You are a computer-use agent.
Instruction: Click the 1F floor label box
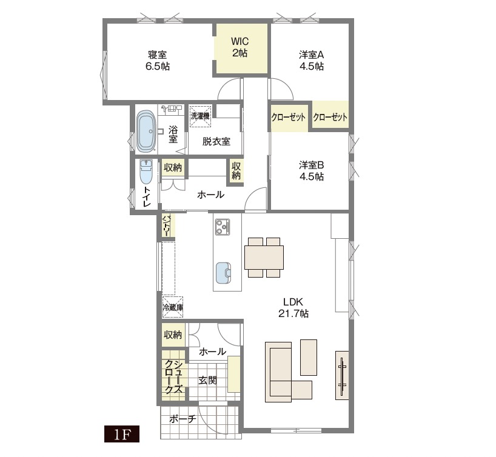(122, 435)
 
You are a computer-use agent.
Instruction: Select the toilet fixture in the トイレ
(146, 172)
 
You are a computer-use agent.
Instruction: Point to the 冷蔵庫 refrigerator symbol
(173, 307)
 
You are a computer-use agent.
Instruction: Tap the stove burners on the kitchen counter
(223, 227)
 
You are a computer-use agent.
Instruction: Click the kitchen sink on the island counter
(223, 273)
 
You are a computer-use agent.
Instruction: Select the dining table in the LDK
(264, 257)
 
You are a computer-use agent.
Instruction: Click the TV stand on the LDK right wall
(341, 375)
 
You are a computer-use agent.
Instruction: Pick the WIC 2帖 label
(240, 47)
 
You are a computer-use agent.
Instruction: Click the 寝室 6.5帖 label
(157, 61)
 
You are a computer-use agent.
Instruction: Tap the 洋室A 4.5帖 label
(312, 61)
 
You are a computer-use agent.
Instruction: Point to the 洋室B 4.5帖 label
(312, 171)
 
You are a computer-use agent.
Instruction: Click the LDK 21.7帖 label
(293, 307)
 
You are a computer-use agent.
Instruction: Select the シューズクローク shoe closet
(173, 376)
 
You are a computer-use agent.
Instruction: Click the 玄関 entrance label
(207, 381)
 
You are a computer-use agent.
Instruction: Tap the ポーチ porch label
(183, 419)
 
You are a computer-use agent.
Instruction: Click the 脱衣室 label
(216, 141)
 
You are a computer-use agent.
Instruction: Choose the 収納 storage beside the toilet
(173, 168)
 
